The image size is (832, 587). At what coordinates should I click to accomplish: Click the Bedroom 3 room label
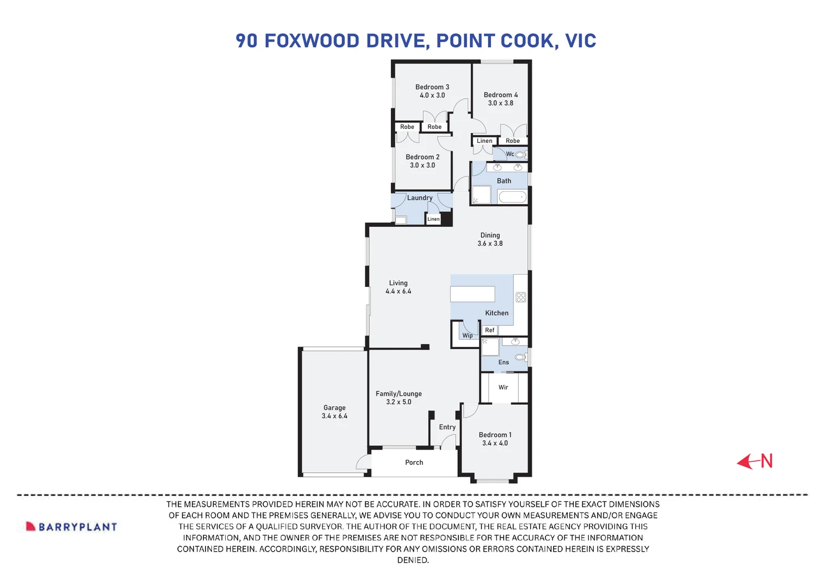point(432,87)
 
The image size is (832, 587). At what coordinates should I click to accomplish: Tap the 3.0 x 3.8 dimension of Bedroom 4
point(500,103)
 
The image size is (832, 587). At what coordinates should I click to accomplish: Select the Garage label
point(334,408)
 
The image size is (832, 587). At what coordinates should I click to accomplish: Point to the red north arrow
point(754,461)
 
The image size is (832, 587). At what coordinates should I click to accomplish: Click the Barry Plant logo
point(71,527)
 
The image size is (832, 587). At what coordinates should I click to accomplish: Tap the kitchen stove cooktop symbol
point(521,297)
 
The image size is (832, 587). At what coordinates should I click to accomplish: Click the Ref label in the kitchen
point(489,330)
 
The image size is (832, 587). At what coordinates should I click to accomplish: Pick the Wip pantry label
point(467,336)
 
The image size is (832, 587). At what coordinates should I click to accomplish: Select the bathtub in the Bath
point(512,197)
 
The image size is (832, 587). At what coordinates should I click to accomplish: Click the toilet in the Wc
point(521,154)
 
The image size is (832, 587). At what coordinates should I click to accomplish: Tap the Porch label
point(414,462)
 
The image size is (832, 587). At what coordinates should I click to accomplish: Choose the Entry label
point(447,427)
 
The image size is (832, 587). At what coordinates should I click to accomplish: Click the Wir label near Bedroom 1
point(504,387)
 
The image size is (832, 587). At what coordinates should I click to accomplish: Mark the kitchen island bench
point(473,293)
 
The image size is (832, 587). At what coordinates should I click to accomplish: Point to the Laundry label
point(420,198)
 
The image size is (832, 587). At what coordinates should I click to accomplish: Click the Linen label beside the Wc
point(485,141)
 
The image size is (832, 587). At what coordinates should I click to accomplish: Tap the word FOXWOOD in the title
point(312,41)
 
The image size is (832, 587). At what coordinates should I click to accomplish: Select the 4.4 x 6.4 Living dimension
point(398,291)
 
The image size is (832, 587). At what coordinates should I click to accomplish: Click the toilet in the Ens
point(521,357)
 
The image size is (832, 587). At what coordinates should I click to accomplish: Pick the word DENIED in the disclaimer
point(413,560)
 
